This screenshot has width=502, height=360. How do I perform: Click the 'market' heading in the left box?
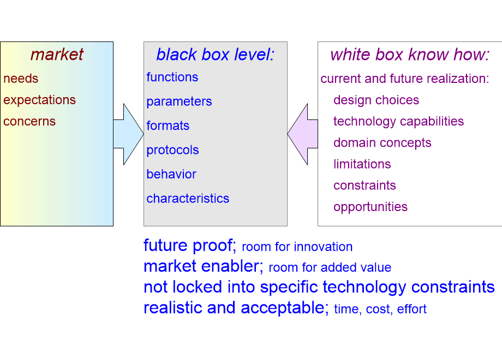coord(57,55)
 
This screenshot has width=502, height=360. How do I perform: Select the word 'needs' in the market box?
coord(21,79)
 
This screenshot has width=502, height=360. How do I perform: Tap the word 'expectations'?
coord(39,100)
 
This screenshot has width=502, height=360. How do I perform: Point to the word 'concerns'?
coord(29,121)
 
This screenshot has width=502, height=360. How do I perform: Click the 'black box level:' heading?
coord(215,55)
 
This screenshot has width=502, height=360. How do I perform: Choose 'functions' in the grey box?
coord(172,77)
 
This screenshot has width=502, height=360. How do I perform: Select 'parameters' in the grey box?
coord(179,101)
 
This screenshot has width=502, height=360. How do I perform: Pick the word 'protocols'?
coord(172,150)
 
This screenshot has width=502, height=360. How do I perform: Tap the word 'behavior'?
coord(171,175)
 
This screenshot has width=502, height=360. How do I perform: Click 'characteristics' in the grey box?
coord(188,199)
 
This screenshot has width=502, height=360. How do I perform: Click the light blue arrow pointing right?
coord(129,134)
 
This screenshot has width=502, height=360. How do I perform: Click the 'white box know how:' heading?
coord(410,55)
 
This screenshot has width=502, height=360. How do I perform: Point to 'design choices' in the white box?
coord(376,100)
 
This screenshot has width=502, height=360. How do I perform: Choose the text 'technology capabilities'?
coord(398,122)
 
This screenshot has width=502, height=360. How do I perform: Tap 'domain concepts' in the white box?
coord(382,143)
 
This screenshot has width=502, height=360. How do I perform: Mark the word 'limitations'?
coord(362,164)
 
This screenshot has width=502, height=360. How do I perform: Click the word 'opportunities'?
coord(370,207)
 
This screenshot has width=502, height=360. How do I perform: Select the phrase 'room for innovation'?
coord(297,247)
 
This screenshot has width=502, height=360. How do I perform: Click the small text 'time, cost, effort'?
coord(380,309)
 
